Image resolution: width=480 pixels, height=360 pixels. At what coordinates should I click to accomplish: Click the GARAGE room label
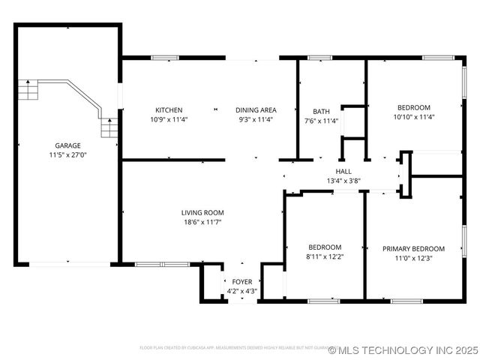point(67,145)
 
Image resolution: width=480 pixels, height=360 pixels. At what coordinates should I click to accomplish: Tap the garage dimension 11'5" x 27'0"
point(67,155)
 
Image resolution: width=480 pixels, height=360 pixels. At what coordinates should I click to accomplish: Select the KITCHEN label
point(169,109)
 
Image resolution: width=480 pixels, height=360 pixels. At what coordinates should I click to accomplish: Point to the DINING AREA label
point(256,109)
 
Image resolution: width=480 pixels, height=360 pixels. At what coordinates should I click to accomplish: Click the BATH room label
point(321,111)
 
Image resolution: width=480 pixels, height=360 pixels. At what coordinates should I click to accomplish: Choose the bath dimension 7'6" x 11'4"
point(321,120)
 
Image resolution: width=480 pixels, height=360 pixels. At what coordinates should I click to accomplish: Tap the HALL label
point(343,171)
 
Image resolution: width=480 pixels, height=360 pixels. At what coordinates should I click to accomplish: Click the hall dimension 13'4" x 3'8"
point(343,181)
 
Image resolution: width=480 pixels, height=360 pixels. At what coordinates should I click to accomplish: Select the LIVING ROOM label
point(202,212)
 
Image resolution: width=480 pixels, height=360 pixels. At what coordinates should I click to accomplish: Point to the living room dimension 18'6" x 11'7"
point(202,222)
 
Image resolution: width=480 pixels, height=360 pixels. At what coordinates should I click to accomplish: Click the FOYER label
point(241,282)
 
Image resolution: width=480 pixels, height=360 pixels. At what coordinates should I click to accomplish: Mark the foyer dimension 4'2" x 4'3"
point(241,291)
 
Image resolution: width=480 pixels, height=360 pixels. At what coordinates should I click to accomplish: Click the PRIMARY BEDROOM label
point(413,249)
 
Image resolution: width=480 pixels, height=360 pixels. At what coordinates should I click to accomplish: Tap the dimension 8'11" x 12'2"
point(325,256)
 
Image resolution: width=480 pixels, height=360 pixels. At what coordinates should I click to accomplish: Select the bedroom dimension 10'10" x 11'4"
point(414,117)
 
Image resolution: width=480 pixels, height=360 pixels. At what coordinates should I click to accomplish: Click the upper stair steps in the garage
point(28,91)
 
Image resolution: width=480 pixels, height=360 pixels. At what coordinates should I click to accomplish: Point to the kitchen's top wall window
point(164,57)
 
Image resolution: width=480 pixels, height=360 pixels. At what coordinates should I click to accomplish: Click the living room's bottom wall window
point(162,264)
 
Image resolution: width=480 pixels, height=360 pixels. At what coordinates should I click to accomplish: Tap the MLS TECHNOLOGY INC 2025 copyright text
point(403,349)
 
